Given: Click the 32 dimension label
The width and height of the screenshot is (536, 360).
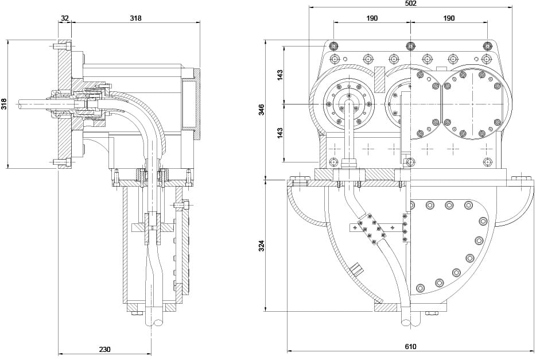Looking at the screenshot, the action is click(64, 18).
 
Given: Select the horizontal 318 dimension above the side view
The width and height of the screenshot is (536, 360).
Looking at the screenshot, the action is click(135, 18).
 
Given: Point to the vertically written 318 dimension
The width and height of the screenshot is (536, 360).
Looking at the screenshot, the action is click(4, 104).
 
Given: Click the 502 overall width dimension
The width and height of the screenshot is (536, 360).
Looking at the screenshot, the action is click(410, 3).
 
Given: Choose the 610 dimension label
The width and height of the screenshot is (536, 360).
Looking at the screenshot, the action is click(410, 347).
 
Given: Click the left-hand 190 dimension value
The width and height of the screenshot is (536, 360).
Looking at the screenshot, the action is click(372, 18).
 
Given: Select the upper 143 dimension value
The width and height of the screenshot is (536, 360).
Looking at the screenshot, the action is click(280, 75).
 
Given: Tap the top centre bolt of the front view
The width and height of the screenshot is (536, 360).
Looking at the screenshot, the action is click(410, 45).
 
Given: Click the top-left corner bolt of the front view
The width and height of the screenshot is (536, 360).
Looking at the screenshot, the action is click(333, 45).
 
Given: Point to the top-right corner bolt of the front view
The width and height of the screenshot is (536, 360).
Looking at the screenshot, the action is click(487, 45).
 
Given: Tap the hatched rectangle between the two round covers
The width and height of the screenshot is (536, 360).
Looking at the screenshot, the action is click(380, 79).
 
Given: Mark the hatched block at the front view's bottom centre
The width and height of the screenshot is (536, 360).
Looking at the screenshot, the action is click(386, 307).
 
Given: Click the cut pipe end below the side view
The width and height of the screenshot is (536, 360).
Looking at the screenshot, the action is click(154, 322).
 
